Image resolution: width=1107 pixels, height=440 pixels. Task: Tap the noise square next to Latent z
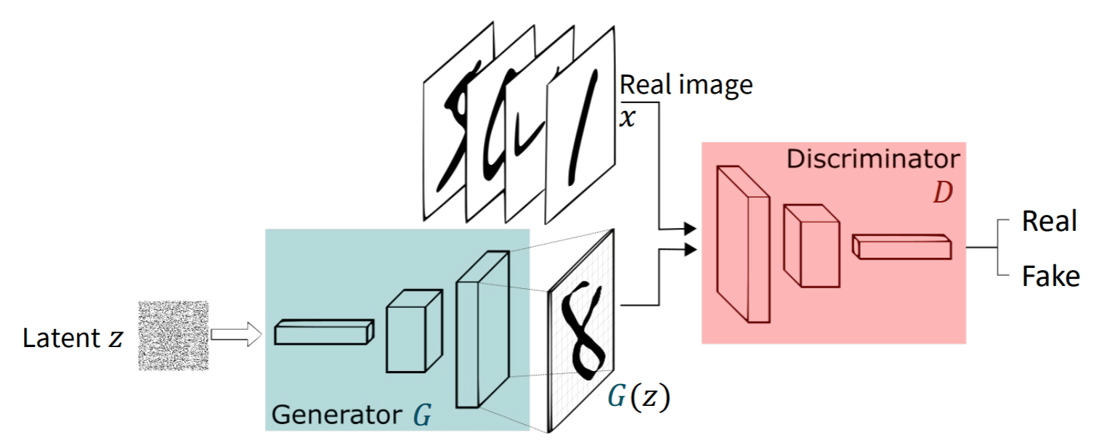tap(174, 336)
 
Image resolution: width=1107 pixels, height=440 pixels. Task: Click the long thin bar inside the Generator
tap(323, 333)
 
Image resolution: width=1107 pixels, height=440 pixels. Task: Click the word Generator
tap(335, 415)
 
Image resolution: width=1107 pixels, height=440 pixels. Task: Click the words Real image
tap(685, 86)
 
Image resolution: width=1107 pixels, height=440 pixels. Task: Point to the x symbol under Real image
tap(626, 116)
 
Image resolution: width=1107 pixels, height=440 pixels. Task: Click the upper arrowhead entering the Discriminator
tap(689, 229)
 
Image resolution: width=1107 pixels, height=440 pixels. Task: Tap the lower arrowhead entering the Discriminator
tap(689, 250)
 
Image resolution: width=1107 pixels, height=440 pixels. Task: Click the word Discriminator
tap(872, 159)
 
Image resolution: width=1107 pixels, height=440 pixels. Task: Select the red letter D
tap(942, 195)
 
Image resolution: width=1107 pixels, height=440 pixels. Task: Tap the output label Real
tap(1048, 221)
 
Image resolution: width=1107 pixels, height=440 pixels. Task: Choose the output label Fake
tap(1050, 276)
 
